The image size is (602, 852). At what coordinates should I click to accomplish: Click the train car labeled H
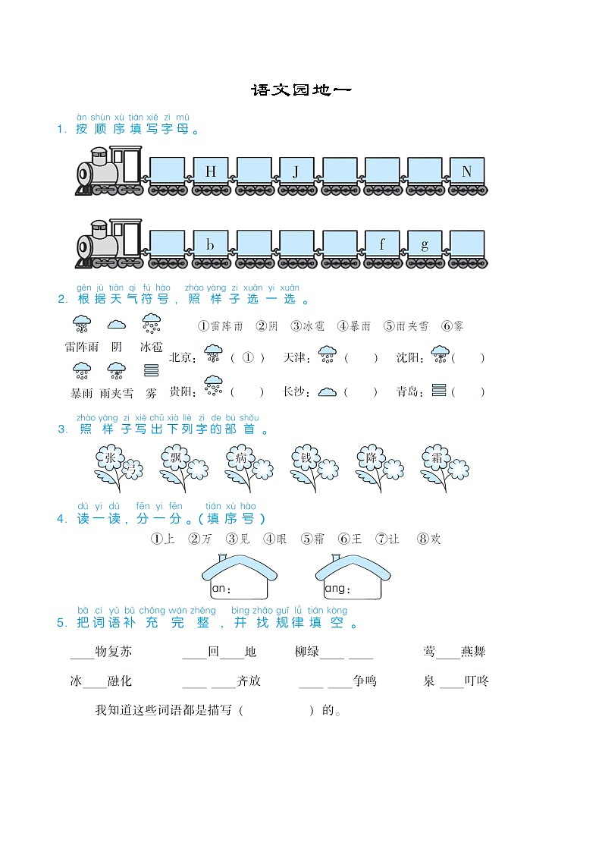pos(210,172)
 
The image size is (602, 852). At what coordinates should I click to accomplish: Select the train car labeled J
pos(296,172)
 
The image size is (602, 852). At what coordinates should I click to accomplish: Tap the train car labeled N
pos(466,172)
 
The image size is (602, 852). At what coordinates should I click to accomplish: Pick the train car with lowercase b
pos(210,245)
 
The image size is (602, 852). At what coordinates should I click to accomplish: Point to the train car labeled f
pos(382,245)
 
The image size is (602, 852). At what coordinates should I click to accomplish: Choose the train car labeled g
pos(425,245)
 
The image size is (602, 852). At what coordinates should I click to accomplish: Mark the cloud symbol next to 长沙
pos(327,392)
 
